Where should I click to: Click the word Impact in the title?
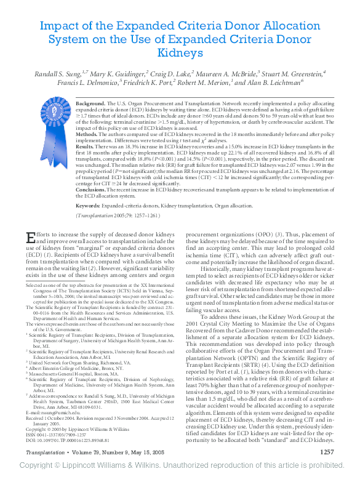[58, 26]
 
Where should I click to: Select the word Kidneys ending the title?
[180, 54]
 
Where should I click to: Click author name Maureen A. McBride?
[224, 73]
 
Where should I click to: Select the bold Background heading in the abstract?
[90, 103]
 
